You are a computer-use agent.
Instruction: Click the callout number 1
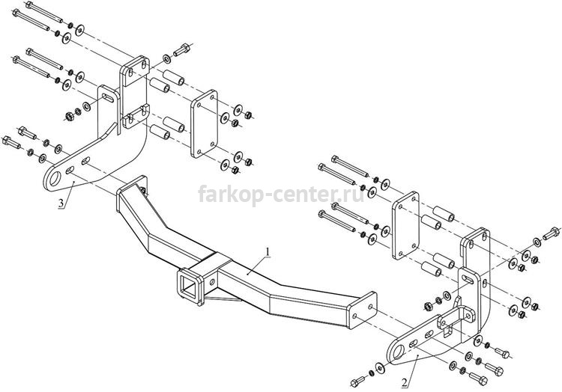[x=267, y=252]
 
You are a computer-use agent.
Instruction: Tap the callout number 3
[x=61, y=203]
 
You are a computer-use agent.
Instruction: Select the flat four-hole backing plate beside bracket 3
[x=205, y=123]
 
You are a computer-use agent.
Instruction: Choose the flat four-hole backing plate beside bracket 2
[x=405, y=225]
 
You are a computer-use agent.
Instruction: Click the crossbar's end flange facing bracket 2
[x=363, y=310]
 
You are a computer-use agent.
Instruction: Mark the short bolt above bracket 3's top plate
[x=182, y=49]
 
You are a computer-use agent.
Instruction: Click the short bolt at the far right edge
[x=552, y=233]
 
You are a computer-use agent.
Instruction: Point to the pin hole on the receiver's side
[x=212, y=283]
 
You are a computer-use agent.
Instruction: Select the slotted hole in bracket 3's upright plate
[x=108, y=97]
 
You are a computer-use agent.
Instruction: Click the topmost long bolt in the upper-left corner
[x=44, y=11]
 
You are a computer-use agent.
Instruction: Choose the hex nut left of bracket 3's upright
[x=69, y=116]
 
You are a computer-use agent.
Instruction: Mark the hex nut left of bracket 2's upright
[x=428, y=306]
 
